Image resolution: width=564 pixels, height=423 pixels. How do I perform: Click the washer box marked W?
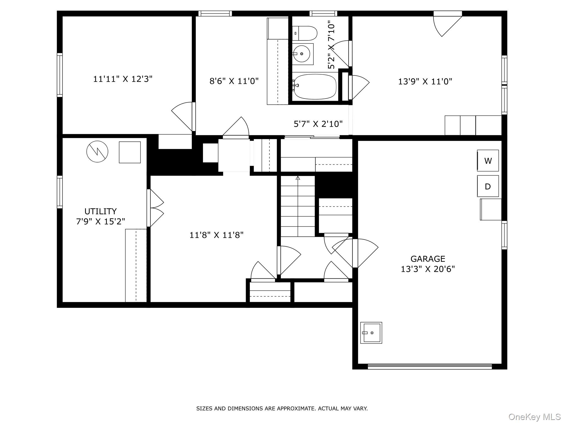(x=488, y=161)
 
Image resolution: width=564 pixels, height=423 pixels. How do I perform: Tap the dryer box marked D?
(x=488, y=186)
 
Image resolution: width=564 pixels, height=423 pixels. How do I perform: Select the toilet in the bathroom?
(x=305, y=33)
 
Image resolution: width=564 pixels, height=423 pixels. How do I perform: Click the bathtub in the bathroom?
(x=315, y=86)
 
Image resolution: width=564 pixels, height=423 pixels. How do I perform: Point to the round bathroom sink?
(x=302, y=54)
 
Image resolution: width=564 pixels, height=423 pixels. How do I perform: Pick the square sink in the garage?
(x=371, y=333)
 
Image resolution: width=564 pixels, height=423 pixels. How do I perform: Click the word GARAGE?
(x=428, y=259)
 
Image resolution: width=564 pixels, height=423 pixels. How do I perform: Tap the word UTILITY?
(x=101, y=211)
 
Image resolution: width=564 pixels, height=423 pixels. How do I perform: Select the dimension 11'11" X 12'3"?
(x=123, y=79)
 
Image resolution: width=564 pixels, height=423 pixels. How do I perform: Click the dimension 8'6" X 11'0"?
(x=234, y=81)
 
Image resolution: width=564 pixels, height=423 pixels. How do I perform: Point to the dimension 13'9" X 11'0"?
(x=425, y=82)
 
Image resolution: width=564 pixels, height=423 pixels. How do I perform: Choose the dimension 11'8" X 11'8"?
(x=216, y=235)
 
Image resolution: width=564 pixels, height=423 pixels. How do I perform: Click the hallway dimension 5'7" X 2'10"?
(x=318, y=124)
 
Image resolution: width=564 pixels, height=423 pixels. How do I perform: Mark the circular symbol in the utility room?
(x=97, y=151)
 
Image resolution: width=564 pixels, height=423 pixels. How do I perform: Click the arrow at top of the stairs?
(x=298, y=178)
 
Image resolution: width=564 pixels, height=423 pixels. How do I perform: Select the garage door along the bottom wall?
(x=430, y=366)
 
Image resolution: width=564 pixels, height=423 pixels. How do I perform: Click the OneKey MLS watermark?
(x=535, y=417)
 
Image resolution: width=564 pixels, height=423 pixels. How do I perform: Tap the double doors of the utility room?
(x=156, y=208)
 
